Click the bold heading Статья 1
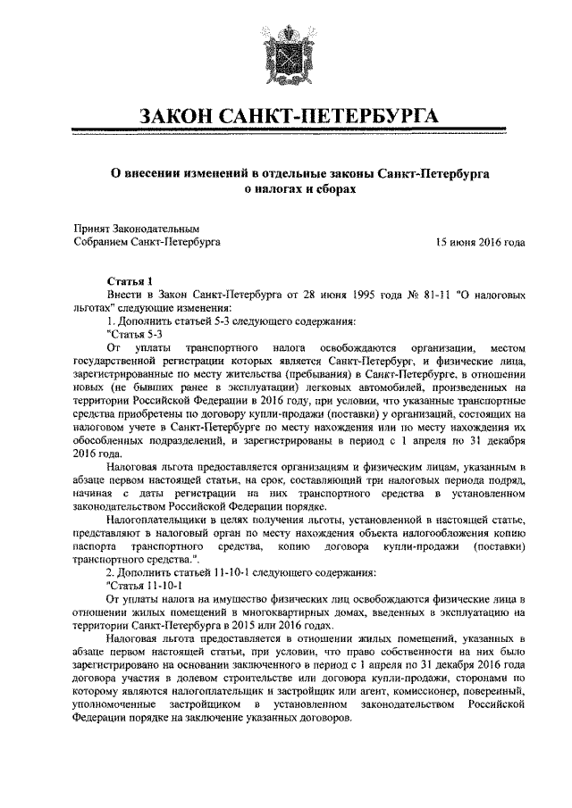(131, 281)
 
